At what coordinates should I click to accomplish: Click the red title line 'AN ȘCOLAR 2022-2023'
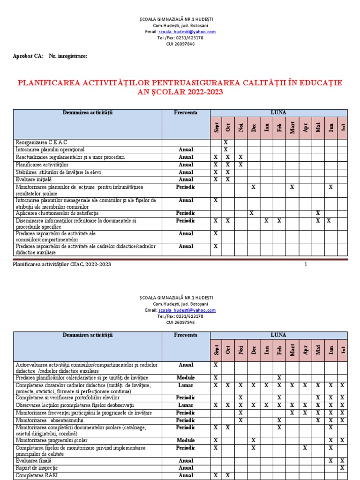pos(180,92)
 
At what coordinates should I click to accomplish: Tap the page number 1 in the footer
pos(306,264)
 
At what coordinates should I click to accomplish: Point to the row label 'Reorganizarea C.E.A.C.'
pos(42,142)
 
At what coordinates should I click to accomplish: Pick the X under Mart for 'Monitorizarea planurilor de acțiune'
pos(292,187)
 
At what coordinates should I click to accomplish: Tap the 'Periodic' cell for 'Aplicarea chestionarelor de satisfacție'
pos(186,213)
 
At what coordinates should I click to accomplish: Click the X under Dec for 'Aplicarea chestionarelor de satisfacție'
pos(252,213)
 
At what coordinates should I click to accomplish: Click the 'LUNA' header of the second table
pos(278,335)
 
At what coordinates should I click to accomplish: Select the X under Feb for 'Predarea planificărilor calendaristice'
pos(278,377)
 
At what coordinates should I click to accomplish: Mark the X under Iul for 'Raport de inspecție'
pos(342,468)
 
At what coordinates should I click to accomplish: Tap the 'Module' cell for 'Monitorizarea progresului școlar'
pos(186,441)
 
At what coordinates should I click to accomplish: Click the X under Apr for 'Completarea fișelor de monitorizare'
pos(305,448)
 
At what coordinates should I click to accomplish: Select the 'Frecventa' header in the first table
pos(186,113)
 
